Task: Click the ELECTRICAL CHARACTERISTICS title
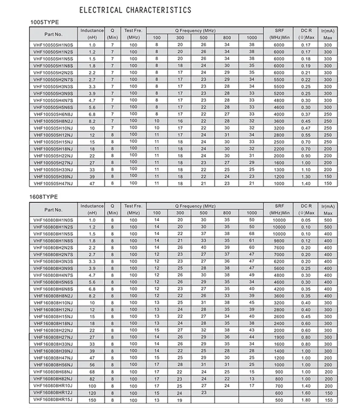135,10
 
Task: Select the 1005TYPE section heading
44,22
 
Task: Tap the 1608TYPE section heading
44,197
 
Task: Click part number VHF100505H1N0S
53,45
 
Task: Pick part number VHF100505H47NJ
53,183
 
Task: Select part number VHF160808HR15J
53,400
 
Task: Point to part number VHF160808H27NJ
53,337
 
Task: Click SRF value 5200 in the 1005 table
279,93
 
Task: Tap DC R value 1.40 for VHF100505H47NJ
306,183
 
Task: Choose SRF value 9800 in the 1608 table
279,240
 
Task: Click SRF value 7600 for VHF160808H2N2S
279,248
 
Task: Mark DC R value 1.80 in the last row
306,400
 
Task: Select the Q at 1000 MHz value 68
252,234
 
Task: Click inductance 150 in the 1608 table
92,400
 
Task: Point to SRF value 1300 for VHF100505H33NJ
279,169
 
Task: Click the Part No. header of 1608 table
53,210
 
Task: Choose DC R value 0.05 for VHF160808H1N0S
306,220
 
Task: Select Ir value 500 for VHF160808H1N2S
328,227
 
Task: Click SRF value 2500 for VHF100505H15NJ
279,142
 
